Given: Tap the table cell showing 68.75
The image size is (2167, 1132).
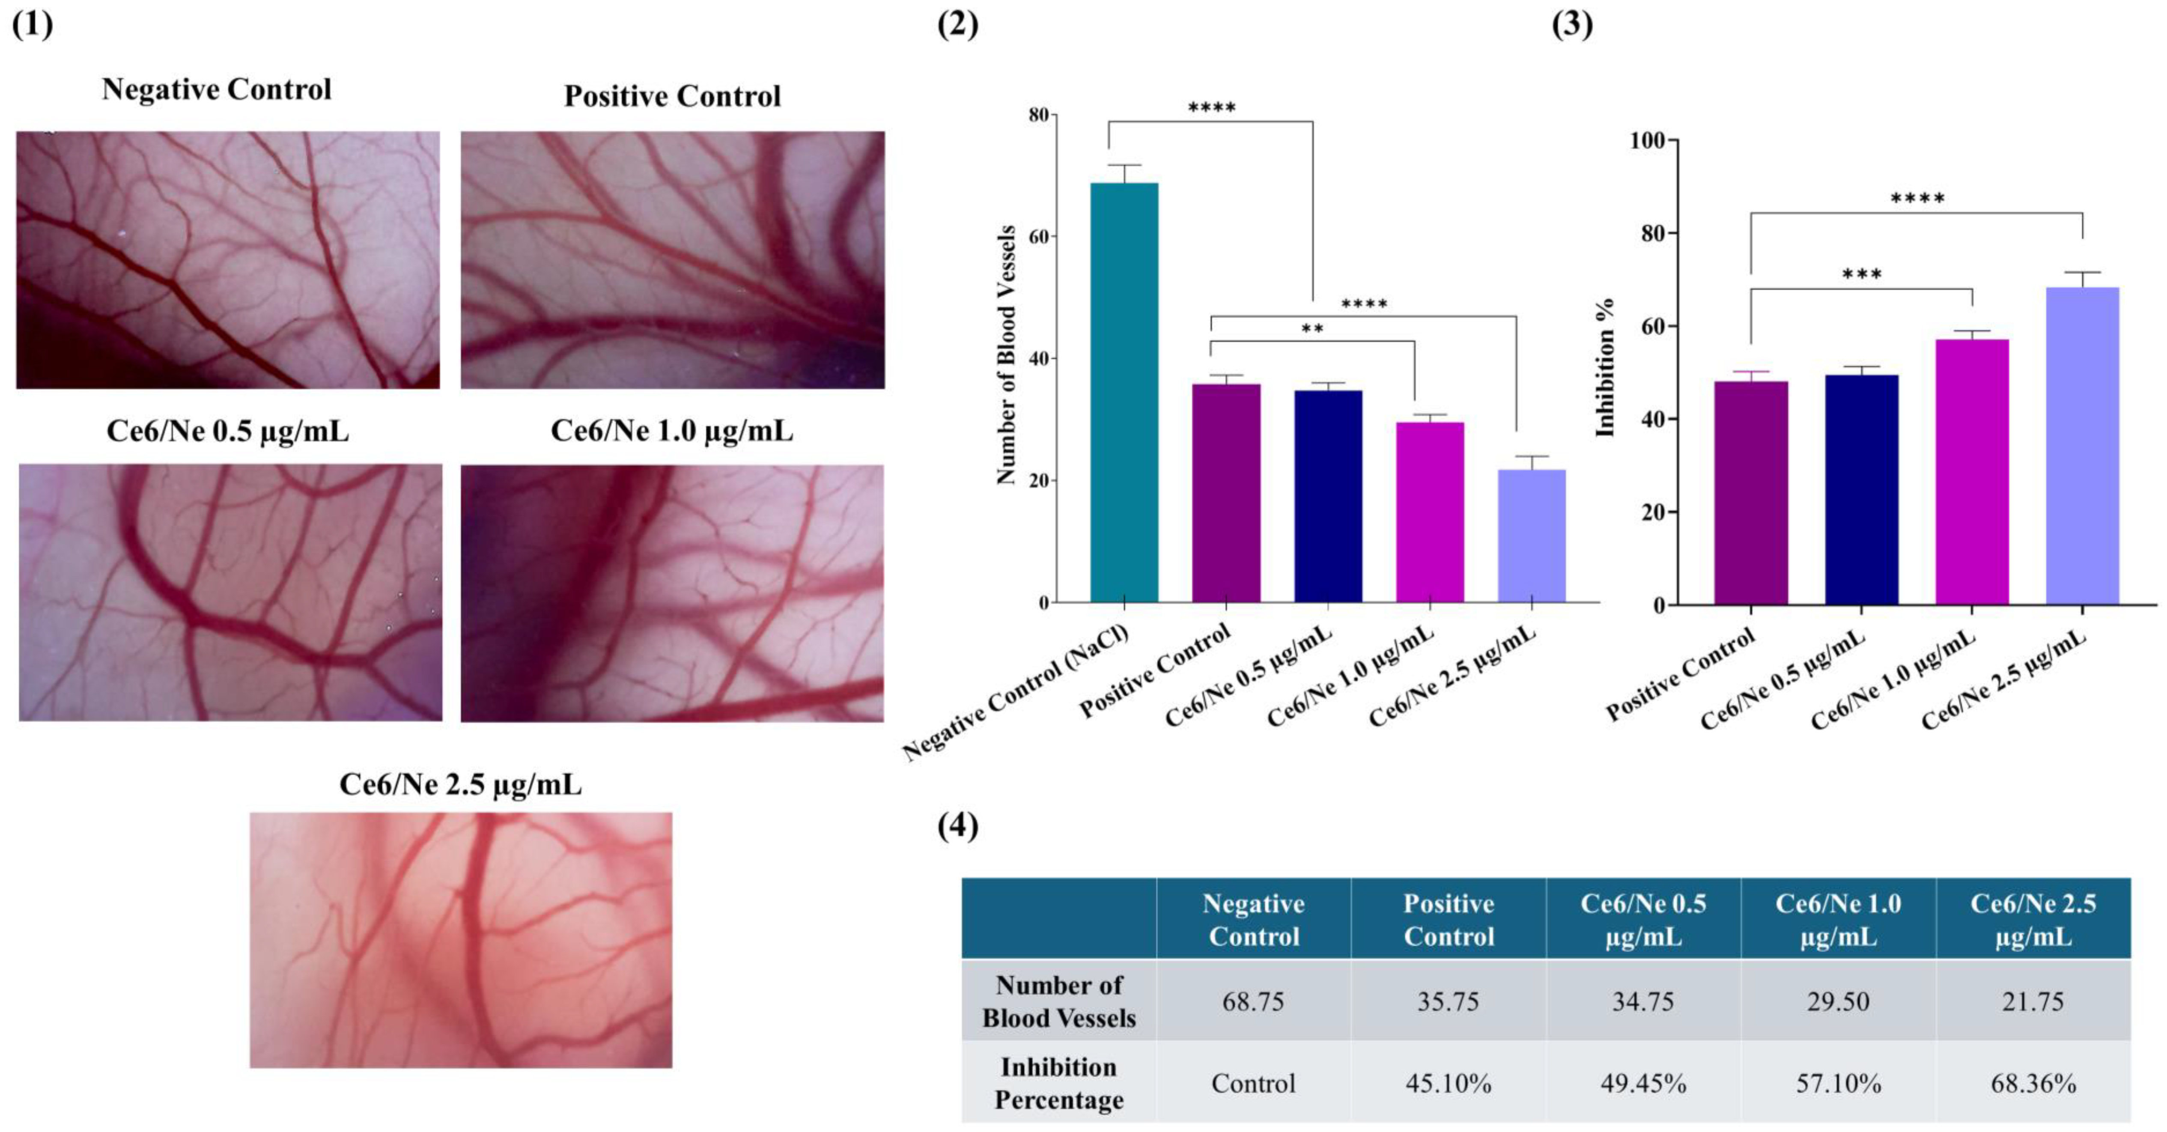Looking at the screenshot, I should [x=1253, y=1002].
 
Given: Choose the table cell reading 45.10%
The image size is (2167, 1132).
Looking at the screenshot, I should [x=1448, y=1083].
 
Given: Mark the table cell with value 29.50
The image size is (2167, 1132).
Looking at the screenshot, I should [x=1838, y=1002].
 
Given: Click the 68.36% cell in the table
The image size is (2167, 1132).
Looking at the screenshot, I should [x=2033, y=1083].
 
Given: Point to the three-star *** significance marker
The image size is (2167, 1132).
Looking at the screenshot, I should [x=1862, y=274].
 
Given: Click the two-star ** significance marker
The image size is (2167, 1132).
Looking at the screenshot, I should [x=1312, y=329].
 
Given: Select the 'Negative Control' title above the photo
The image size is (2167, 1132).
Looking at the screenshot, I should [x=217, y=89].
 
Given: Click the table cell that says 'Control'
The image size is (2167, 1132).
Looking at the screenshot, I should [x=1253, y=1083].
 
